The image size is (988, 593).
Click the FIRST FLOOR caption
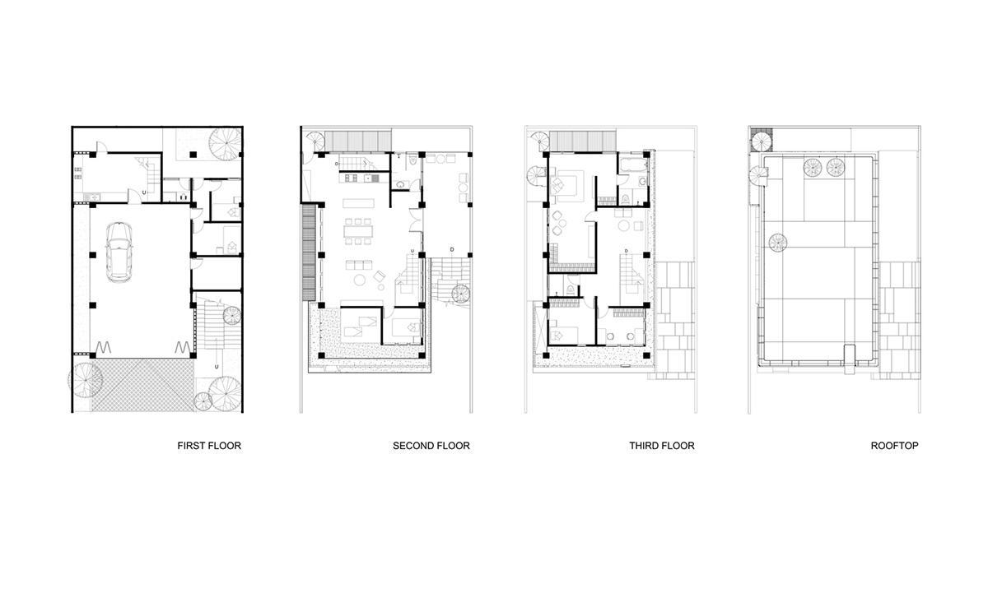(x=209, y=446)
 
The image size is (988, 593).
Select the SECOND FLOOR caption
(x=431, y=446)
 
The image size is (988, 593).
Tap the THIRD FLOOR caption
(x=662, y=446)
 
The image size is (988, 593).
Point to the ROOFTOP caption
(x=895, y=446)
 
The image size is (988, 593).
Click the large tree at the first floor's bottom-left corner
(x=84, y=379)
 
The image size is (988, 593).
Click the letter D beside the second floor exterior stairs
(x=452, y=248)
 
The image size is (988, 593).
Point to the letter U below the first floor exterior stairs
(x=216, y=366)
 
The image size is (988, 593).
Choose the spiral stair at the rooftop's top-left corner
(x=760, y=141)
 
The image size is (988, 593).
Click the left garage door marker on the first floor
(x=105, y=348)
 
